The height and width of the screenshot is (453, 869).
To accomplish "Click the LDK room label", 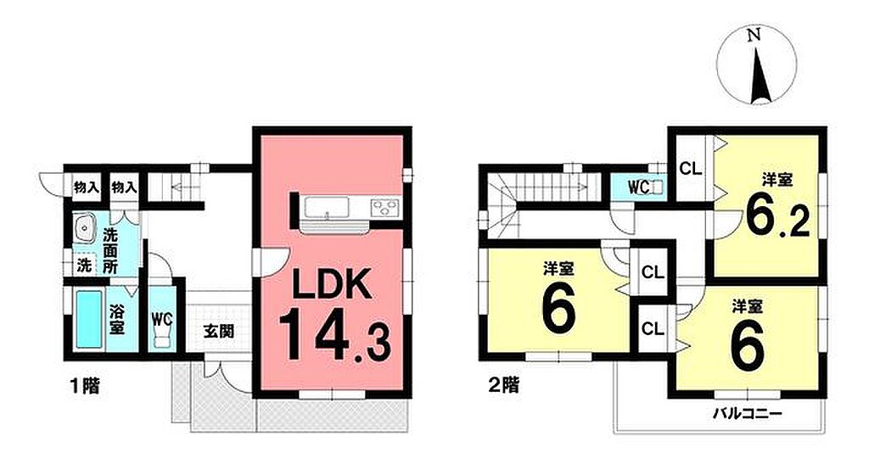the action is click(x=331, y=286).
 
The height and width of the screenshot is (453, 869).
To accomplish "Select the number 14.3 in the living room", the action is click(x=334, y=337).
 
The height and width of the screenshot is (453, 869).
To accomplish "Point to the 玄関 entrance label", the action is click(x=218, y=332).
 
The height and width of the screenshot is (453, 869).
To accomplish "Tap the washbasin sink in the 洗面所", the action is click(x=85, y=226).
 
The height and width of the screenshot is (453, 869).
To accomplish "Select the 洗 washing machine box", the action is click(x=84, y=265).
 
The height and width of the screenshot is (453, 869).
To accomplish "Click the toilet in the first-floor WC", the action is click(x=162, y=337).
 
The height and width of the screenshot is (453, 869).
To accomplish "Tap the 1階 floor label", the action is click(x=84, y=385).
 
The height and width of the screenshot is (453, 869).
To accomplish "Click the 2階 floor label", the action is click(x=503, y=385).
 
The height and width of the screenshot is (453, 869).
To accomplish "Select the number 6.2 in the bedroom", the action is click(x=777, y=216).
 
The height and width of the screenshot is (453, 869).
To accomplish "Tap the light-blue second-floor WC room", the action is click(x=638, y=187).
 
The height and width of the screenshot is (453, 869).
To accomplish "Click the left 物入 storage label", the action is click(x=87, y=187).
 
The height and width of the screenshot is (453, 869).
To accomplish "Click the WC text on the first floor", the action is click(x=163, y=319).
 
